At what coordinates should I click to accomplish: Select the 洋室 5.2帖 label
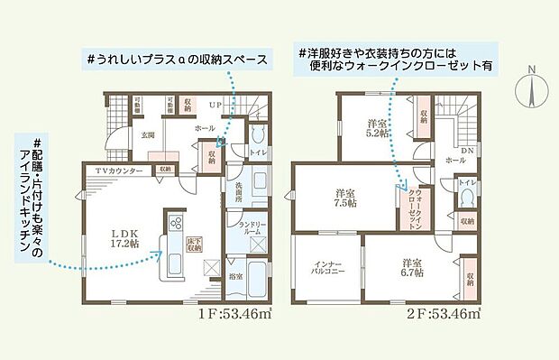click(x=377, y=126)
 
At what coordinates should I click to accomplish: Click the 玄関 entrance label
click(x=148, y=135)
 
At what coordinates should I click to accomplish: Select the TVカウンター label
click(x=120, y=170)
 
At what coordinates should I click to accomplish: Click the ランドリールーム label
click(x=249, y=226)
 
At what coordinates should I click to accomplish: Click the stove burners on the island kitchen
click(x=173, y=222)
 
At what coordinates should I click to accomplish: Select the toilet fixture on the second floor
click(x=468, y=198)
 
